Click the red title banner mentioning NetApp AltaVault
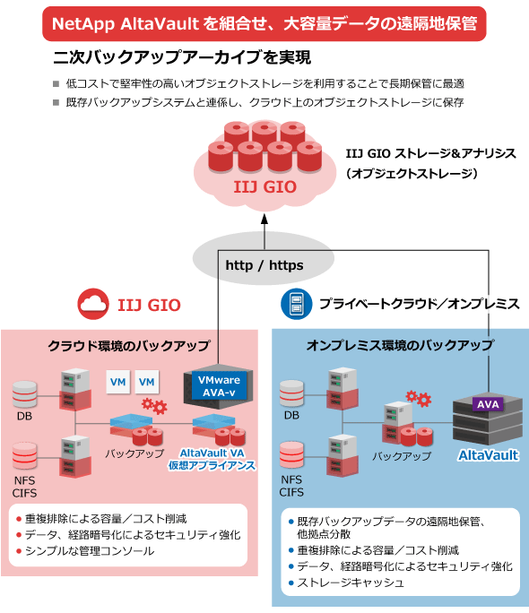(x=264, y=23)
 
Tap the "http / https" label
(x=264, y=265)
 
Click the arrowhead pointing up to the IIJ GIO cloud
(x=264, y=219)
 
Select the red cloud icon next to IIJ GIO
(x=93, y=304)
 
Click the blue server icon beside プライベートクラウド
(x=297, y=304)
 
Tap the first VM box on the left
(x=118, y=382)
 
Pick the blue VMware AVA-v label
(x=219, y=386)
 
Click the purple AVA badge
(x=488, y=404)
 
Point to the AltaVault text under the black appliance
(x=489, y=455)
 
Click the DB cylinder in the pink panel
(x=24, y=394)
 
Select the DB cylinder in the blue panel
(x=291, y=393)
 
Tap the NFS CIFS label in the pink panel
(x=24, y=487)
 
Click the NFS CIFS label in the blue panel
(x=291, y=486)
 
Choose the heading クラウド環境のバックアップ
(x=128, y=346)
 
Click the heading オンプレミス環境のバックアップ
(x=400, y=345)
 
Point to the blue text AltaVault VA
(x=212, y=453)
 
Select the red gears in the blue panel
(x=419, y=399)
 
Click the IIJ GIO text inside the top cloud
(x=265, y=187)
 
